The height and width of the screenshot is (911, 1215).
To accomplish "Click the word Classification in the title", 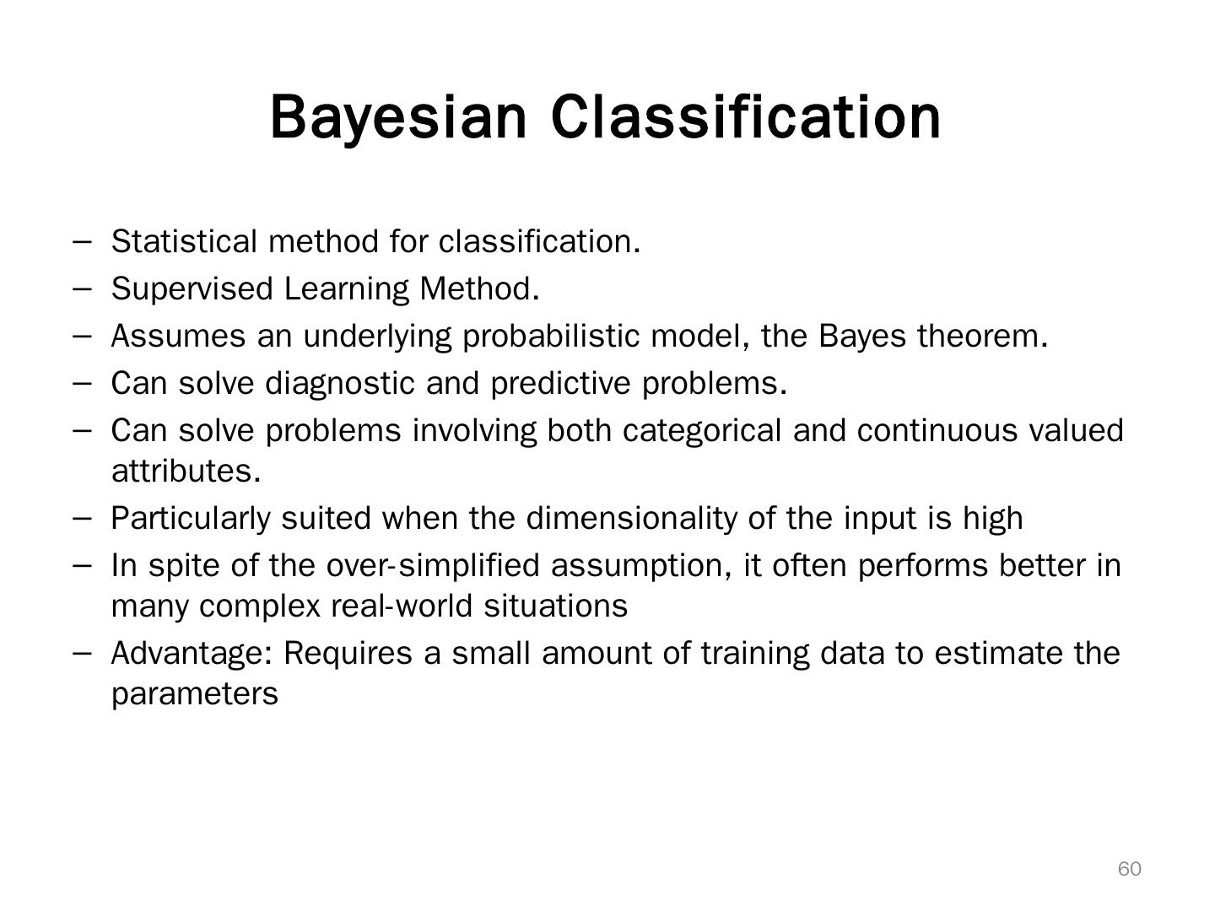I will pos(746,117).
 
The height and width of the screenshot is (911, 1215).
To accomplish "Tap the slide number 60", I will pos(1129,869).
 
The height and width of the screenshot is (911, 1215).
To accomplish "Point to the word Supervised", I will pos(192,289).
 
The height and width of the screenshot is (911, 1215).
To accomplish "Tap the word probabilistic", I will pos(552,337).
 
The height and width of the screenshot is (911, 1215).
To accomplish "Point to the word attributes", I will pos(186,472).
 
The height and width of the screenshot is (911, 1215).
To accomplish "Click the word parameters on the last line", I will pos(194,694).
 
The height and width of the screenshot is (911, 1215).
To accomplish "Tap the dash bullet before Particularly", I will pos(83,518).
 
